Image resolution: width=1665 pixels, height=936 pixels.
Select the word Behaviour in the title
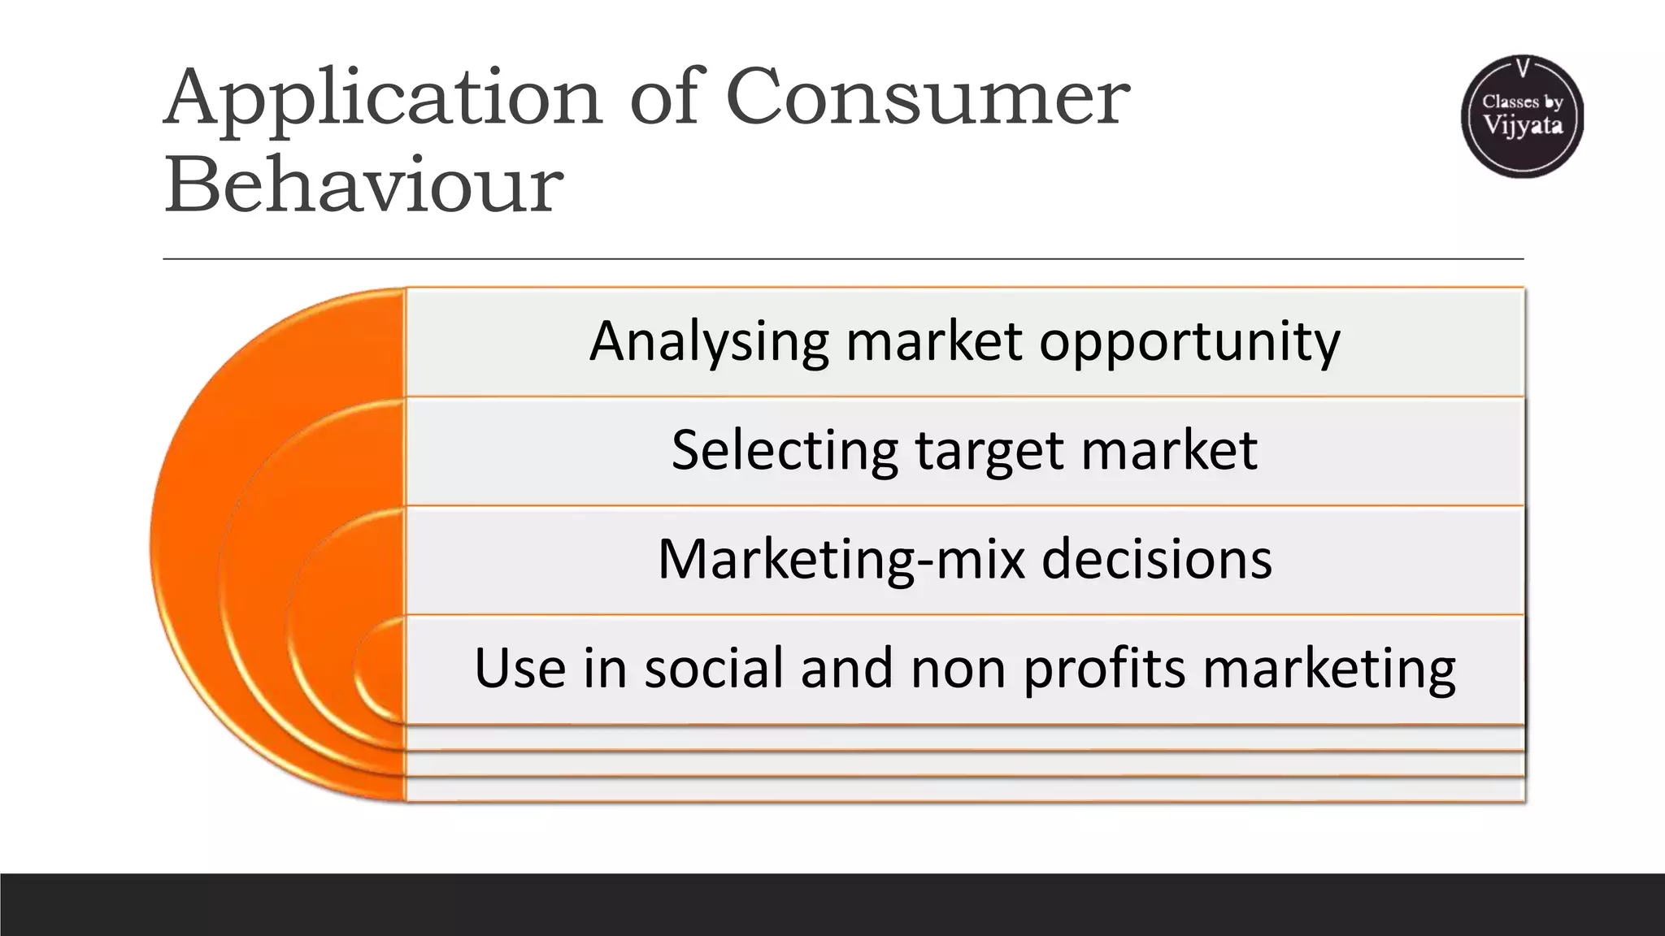pyautogui.click(x=363, y=185)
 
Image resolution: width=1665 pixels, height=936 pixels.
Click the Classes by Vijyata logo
pyautogui.click(x=1522, y=116)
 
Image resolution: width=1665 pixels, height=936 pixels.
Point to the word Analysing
pyautogui.click(x=708, y=342)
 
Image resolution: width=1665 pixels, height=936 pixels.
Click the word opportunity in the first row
pyautogui.click(x=1189, y=342)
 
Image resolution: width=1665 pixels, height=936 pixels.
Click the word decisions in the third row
pyautogui.click(x=1157, y=560)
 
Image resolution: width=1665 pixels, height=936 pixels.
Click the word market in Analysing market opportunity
pyautogui.click(x=933, y=342)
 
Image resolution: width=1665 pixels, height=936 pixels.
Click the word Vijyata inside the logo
pyautogui.click(x=1523, y=126)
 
